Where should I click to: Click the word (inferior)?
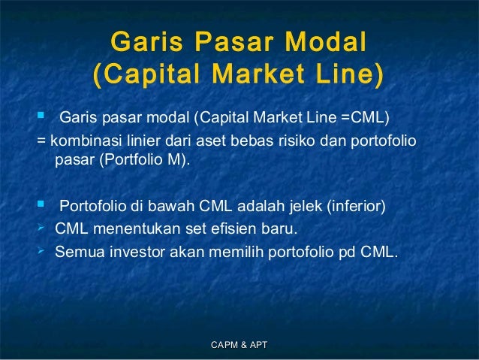click(x=356, y=206)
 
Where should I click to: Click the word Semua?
click(x=77, y=252)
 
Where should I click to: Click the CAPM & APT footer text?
click(x=239, y=344)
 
